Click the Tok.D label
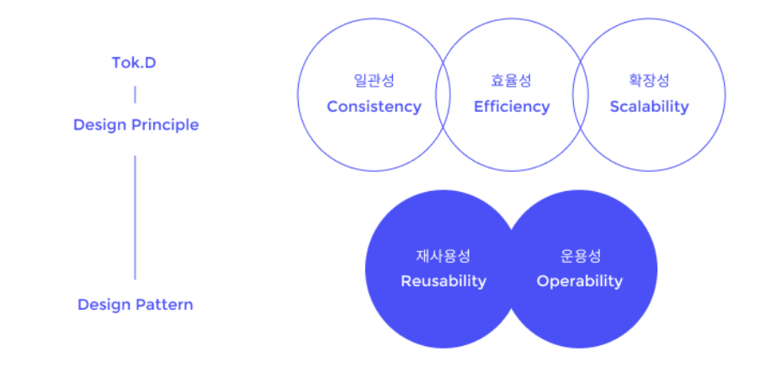[135, 63]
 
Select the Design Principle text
[136, 125]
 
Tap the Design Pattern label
[135, 304]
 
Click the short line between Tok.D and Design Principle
[135, 93]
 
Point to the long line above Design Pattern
[135, 216]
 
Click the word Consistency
[374, 107]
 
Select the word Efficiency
[512, 107]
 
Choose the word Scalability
[649, 107]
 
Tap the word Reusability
[444, 281]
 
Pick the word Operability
[580, 281]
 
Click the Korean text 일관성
[374, 82]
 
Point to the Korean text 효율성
[512, 82]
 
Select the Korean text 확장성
[649, 82]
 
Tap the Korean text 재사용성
[444, 256]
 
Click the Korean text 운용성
[581, 256]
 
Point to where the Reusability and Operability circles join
[512, 269]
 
